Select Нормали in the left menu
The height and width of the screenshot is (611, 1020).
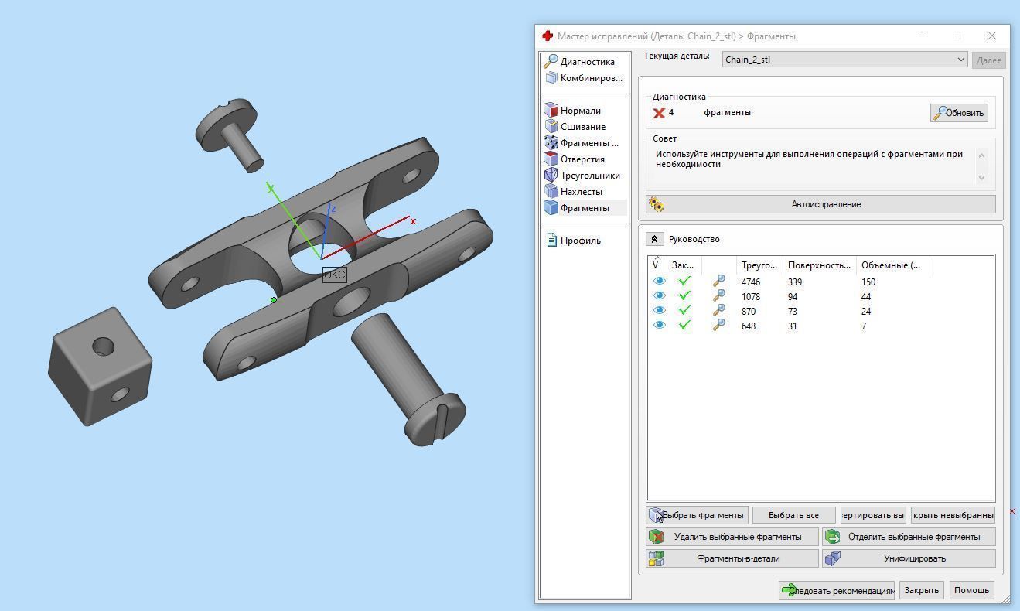[x=580, y=111]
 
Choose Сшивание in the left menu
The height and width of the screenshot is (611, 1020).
[x=582, y=127]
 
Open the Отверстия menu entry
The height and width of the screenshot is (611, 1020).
[x=582, y=159]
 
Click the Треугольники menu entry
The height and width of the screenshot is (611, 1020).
[x=589, y=176]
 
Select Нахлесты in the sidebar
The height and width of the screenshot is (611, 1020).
[x=581, y=192]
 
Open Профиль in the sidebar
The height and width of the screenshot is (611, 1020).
[x=580, y=241]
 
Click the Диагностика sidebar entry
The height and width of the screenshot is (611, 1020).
[x=587, y=62]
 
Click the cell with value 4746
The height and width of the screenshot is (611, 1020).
[x=750, y=282]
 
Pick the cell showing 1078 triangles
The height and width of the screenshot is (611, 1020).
[x=750, y=297]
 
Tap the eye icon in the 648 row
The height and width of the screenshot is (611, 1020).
[x=659, y=326]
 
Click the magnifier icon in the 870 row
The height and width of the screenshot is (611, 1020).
[x=719, y=311]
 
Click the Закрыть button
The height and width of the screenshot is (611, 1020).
[x=921, y=590]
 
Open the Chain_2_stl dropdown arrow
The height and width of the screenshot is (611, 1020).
[x=960, y=60]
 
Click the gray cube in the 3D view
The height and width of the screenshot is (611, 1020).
[x=98, y=368]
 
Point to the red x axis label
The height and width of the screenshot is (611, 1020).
[x=414, y=221]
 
